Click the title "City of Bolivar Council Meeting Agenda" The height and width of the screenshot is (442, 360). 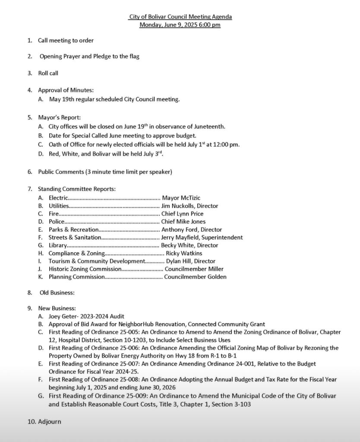pos(180,17)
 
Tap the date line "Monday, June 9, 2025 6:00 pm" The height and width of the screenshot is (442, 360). pos(180,25)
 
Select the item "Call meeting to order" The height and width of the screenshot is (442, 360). pos(66,41)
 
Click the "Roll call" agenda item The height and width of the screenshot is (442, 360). pos(48,73)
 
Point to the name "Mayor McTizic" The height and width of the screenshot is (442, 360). pos(181,198)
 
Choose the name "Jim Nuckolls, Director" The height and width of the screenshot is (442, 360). pos(189,206)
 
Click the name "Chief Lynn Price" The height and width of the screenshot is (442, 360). pos(182,214)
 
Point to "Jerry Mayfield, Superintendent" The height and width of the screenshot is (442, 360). pos(202,237)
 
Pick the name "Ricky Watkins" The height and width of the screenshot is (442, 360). pos(184,253)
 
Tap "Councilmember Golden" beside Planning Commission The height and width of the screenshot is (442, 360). pos(195,277)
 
